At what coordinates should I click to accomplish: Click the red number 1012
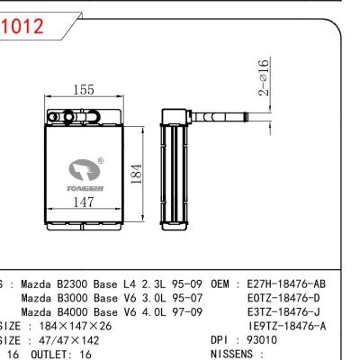pos(22,28)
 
